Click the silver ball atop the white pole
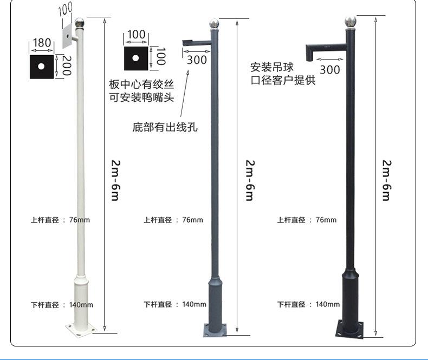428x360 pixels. [x=79, y=23]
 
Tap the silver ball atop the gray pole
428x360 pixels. [x=214, y=24]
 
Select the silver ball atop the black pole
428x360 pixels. [x=351, y=22]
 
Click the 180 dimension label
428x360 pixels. [x=42, y=43]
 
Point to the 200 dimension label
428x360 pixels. [x=67, y=66]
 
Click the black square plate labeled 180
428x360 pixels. [x=42, y=66]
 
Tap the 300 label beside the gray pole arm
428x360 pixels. [x=197, y=60]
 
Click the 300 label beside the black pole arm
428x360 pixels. [x=329, y=69]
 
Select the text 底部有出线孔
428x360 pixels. [x=165, y=128]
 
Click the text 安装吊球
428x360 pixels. [x=272, y=68]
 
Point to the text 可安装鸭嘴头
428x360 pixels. [x=141, y=98]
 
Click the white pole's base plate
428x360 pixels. [x=80, y=329]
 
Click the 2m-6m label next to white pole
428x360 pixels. [x=115, y=180]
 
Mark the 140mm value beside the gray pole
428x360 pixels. [x=194, y=305]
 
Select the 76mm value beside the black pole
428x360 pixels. [x=326, y=220]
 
